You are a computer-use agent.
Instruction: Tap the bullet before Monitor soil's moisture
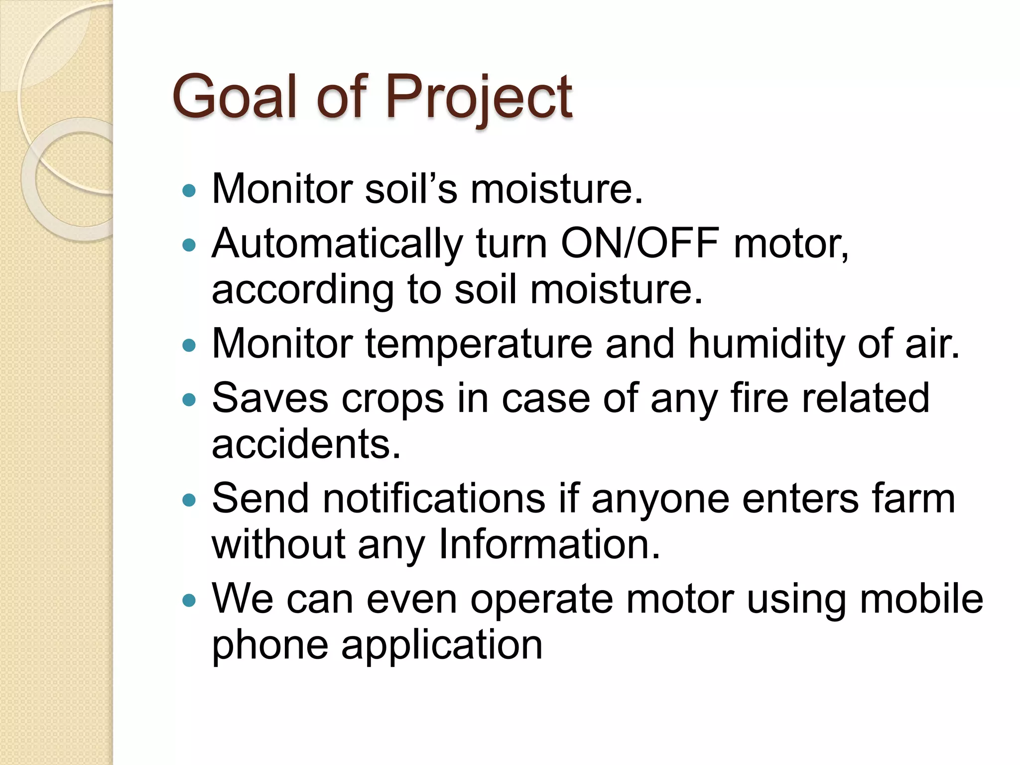189,190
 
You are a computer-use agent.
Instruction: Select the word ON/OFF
639,244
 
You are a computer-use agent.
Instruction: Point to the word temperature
479,345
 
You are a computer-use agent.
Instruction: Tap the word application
441,646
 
